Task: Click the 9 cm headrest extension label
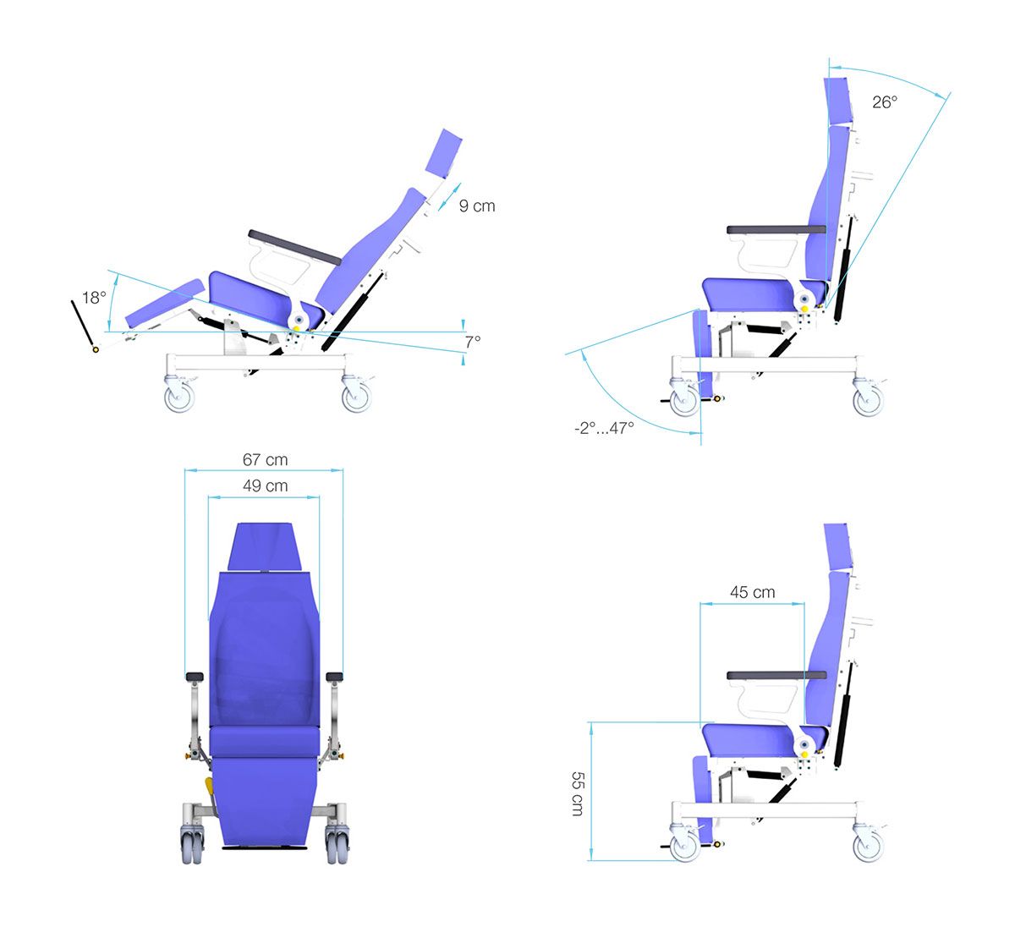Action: (477, 206)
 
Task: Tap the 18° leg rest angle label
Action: (94, 298)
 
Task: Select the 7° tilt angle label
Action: (473, 342)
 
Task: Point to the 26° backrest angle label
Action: (885, 102)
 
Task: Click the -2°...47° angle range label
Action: (604, 428)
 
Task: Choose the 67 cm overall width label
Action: (265, 459)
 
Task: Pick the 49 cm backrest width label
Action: (265, 485)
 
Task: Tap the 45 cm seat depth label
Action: (752, 592)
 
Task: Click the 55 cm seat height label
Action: (578, 793)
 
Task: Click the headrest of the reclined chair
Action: (443, 153)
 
